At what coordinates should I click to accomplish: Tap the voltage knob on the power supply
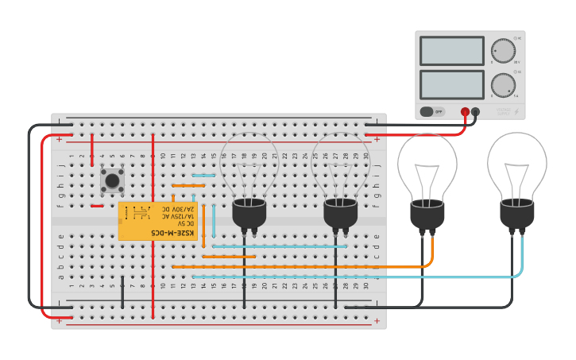pos(502,50)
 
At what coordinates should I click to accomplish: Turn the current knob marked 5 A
pos(502,84)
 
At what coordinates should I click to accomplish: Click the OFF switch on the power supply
pos(432,112)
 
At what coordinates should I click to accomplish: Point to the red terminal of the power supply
pos(465,112)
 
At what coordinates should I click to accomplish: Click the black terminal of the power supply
pos(475,112)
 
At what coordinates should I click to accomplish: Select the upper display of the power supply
pos(451,51)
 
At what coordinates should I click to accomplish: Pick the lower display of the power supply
pos(451,84)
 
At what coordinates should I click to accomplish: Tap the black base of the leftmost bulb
pos(249,213)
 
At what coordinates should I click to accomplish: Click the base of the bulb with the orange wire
pos(427,215)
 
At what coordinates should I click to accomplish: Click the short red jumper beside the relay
pos(97,206)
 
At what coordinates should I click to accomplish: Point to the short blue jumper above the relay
pos(203,176)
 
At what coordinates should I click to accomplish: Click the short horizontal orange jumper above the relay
pos(188,185)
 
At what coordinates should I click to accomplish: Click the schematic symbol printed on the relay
pos(141,213)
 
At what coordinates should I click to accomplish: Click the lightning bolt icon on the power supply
pos(517,112)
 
